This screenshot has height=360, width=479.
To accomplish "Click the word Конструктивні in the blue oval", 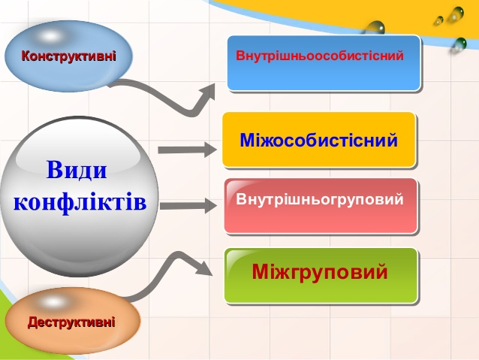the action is pyautogui.click(x=69, y=56).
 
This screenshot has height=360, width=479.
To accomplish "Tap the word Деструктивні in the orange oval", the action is pyautogui.click(x=71, y=322).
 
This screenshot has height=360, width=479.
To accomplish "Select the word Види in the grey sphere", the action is pyautogui.click(x=77, y=169).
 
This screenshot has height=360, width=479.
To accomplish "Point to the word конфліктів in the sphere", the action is pyautogui.click(x=80, y=202).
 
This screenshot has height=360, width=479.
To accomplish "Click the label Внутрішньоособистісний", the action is pyautogui.click(x=320, y=56).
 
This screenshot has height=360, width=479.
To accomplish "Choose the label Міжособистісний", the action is pyautogui.click(x=318, y=140).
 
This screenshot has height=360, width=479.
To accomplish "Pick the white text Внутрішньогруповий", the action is pyautogui.click(x=320, y=199).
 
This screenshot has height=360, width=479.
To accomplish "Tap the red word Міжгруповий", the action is pyautogui.click(x=320, y=271).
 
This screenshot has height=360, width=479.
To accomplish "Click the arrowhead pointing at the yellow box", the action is pyautogui.click(x=210, y=150).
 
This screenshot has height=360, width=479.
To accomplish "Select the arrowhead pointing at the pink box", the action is pyautogui.click(x=211, y=205).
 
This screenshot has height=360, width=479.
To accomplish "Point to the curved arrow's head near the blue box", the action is pyautogui.click(x=208, y=92).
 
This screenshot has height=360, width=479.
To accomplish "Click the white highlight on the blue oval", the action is pyautogui.click(x=50, y=37).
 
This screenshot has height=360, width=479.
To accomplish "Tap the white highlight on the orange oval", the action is pyautogui.click(x=53, y=302).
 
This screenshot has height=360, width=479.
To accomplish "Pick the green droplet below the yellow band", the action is pyautogui.click(x=459, y=44).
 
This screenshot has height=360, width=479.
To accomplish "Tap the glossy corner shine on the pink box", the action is pyautogui.click(x=241, y=186).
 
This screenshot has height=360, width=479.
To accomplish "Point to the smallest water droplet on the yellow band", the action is pyautogui.click(x=439, y=20).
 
